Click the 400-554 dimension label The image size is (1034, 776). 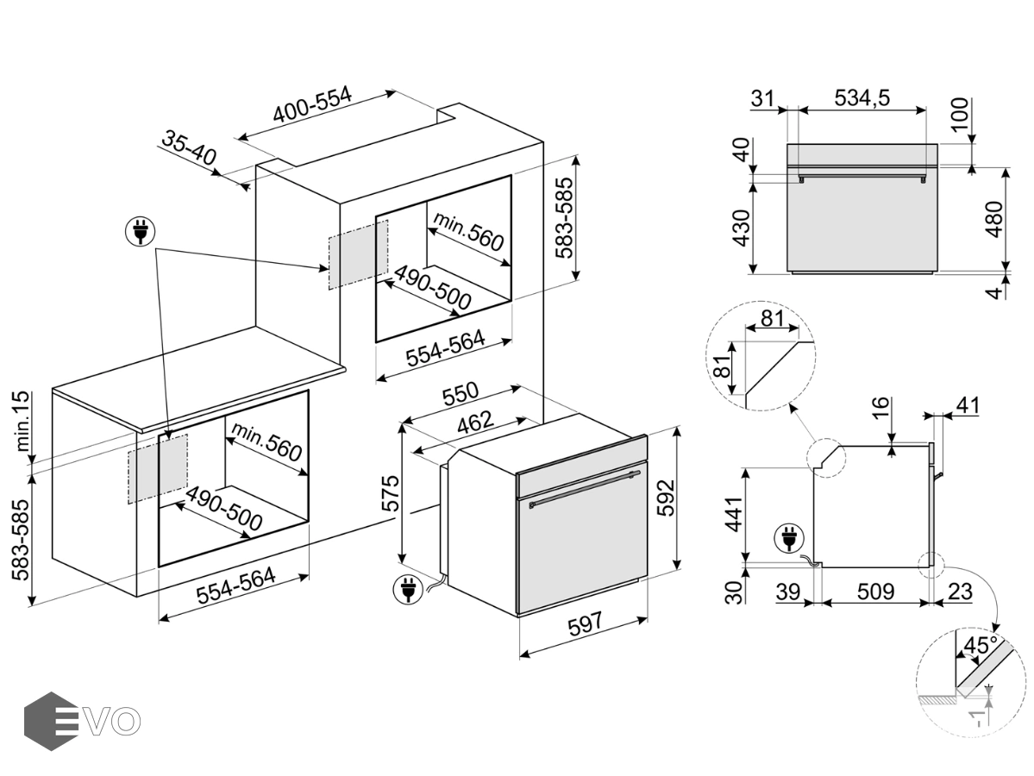click(312, 105)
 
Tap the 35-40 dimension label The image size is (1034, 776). click(189, 148)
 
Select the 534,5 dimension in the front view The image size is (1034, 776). click(862, 97)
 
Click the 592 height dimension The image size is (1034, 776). click(667, 498)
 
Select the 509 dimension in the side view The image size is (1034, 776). click(875, 591)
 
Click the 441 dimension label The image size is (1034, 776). click(733, 514)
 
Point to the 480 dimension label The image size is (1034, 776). click(993, 219)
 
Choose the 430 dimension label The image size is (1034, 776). click(743, 228)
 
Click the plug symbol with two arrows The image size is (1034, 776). click(141, 231)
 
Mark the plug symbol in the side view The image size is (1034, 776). click(788, 536)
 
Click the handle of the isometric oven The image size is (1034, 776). click(586, 489)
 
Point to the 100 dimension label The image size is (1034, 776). click(961, 114)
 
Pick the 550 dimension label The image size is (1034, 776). click(461, 393)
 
